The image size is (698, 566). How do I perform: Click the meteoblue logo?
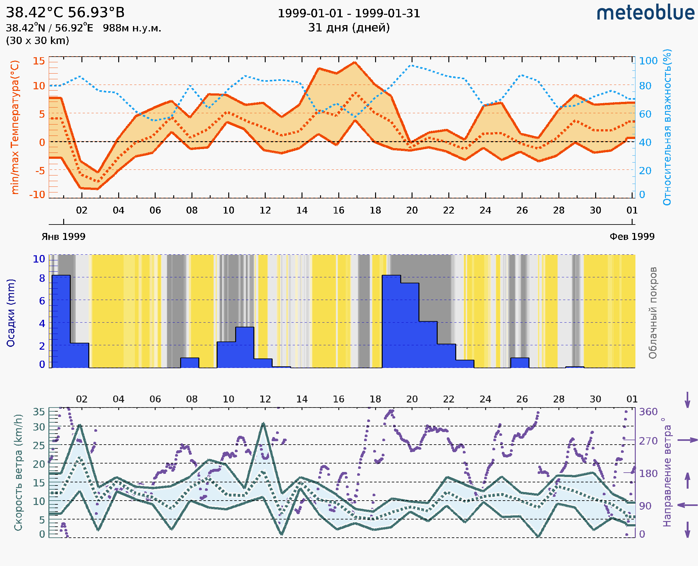645,13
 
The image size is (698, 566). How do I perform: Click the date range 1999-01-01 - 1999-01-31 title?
349,14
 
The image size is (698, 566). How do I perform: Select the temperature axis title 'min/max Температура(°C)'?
15,127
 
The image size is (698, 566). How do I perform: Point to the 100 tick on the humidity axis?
648,61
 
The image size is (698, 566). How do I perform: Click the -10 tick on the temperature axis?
37,195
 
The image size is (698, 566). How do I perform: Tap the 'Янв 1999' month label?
63,236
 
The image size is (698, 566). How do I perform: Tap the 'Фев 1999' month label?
632,236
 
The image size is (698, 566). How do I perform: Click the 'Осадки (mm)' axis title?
11,313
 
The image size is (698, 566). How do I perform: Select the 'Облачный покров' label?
652,313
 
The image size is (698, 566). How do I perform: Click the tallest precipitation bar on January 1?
61,321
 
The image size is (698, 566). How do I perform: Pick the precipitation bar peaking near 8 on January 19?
391,321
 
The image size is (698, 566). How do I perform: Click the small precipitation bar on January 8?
190,363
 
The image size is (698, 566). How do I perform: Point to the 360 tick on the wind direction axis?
648,412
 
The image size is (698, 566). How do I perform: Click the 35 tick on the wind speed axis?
39,412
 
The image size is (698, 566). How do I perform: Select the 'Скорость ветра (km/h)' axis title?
18,473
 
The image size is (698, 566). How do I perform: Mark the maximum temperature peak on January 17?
355,62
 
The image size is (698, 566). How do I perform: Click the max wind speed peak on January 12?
263,424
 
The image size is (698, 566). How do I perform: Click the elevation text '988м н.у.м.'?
132,28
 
